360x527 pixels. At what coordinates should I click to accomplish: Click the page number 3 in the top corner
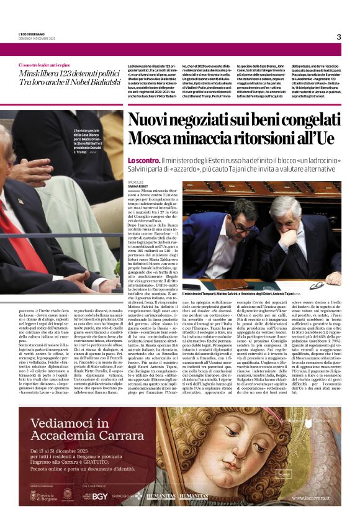click(x=339, y=37)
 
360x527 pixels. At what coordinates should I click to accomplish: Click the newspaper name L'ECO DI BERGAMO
click(x=31, y=33)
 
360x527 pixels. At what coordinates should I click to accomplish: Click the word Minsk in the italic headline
click(x=29, y=73)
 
